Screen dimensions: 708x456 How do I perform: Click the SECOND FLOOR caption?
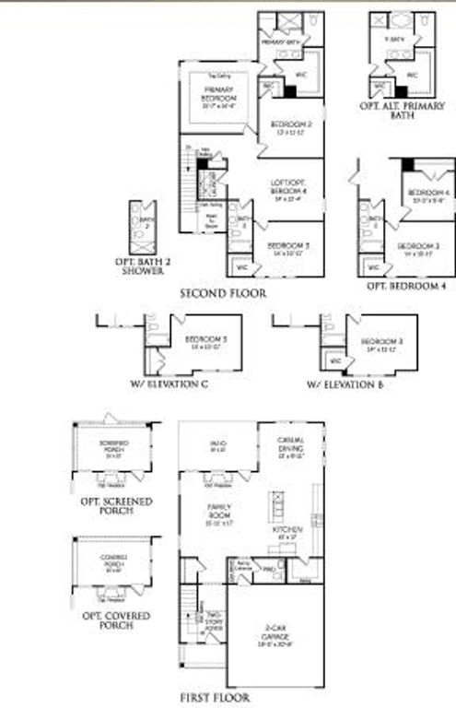(x=223, y=292)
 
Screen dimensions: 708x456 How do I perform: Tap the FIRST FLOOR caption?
(x=215, y=698)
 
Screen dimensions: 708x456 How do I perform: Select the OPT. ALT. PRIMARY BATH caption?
(x=402, y=112)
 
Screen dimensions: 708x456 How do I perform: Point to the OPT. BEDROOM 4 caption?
(x=406, y=287)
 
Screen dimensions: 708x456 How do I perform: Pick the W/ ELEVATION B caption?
(x=345, y=383)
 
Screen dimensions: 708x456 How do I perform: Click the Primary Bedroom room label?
(x=220, y=97)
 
